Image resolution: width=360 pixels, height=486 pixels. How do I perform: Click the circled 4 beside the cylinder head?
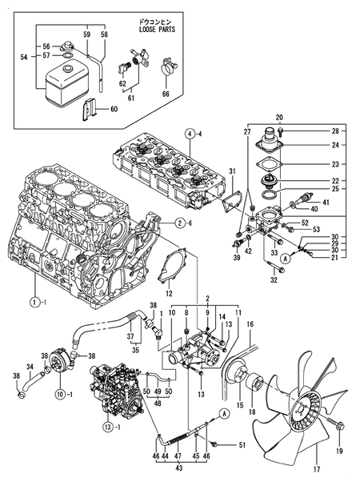190,133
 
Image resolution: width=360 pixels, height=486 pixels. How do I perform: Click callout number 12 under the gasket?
169,295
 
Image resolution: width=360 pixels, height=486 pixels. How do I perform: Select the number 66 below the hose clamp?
166,93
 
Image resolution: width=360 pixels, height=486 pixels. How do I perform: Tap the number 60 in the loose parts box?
113,110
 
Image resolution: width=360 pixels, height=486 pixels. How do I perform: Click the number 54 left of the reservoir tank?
22,58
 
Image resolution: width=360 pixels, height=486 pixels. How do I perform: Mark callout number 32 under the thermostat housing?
273,280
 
